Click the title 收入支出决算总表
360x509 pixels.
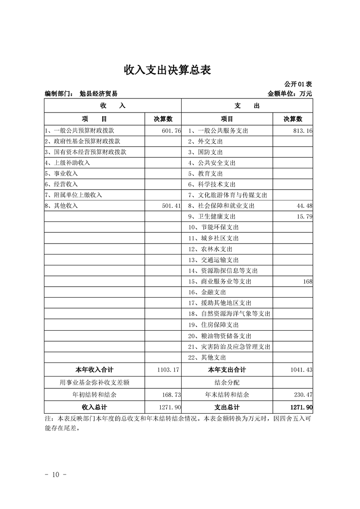(x=168, y=70)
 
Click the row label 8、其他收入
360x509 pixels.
(x=62, y=206)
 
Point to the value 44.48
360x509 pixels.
(x=304, y=206)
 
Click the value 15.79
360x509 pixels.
(x=304, y=216)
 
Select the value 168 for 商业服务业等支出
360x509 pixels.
(x=308, y=282)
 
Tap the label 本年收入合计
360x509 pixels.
(x=94, y=370)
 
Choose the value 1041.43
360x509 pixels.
(x=301, y=370)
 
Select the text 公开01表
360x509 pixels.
(x=298, y=84)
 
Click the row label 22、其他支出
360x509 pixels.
(x=207, y=357)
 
